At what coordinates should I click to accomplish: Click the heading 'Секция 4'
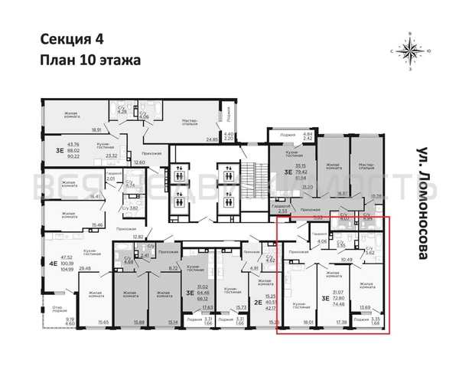[67, 41]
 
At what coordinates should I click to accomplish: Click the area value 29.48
[73, 268]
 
